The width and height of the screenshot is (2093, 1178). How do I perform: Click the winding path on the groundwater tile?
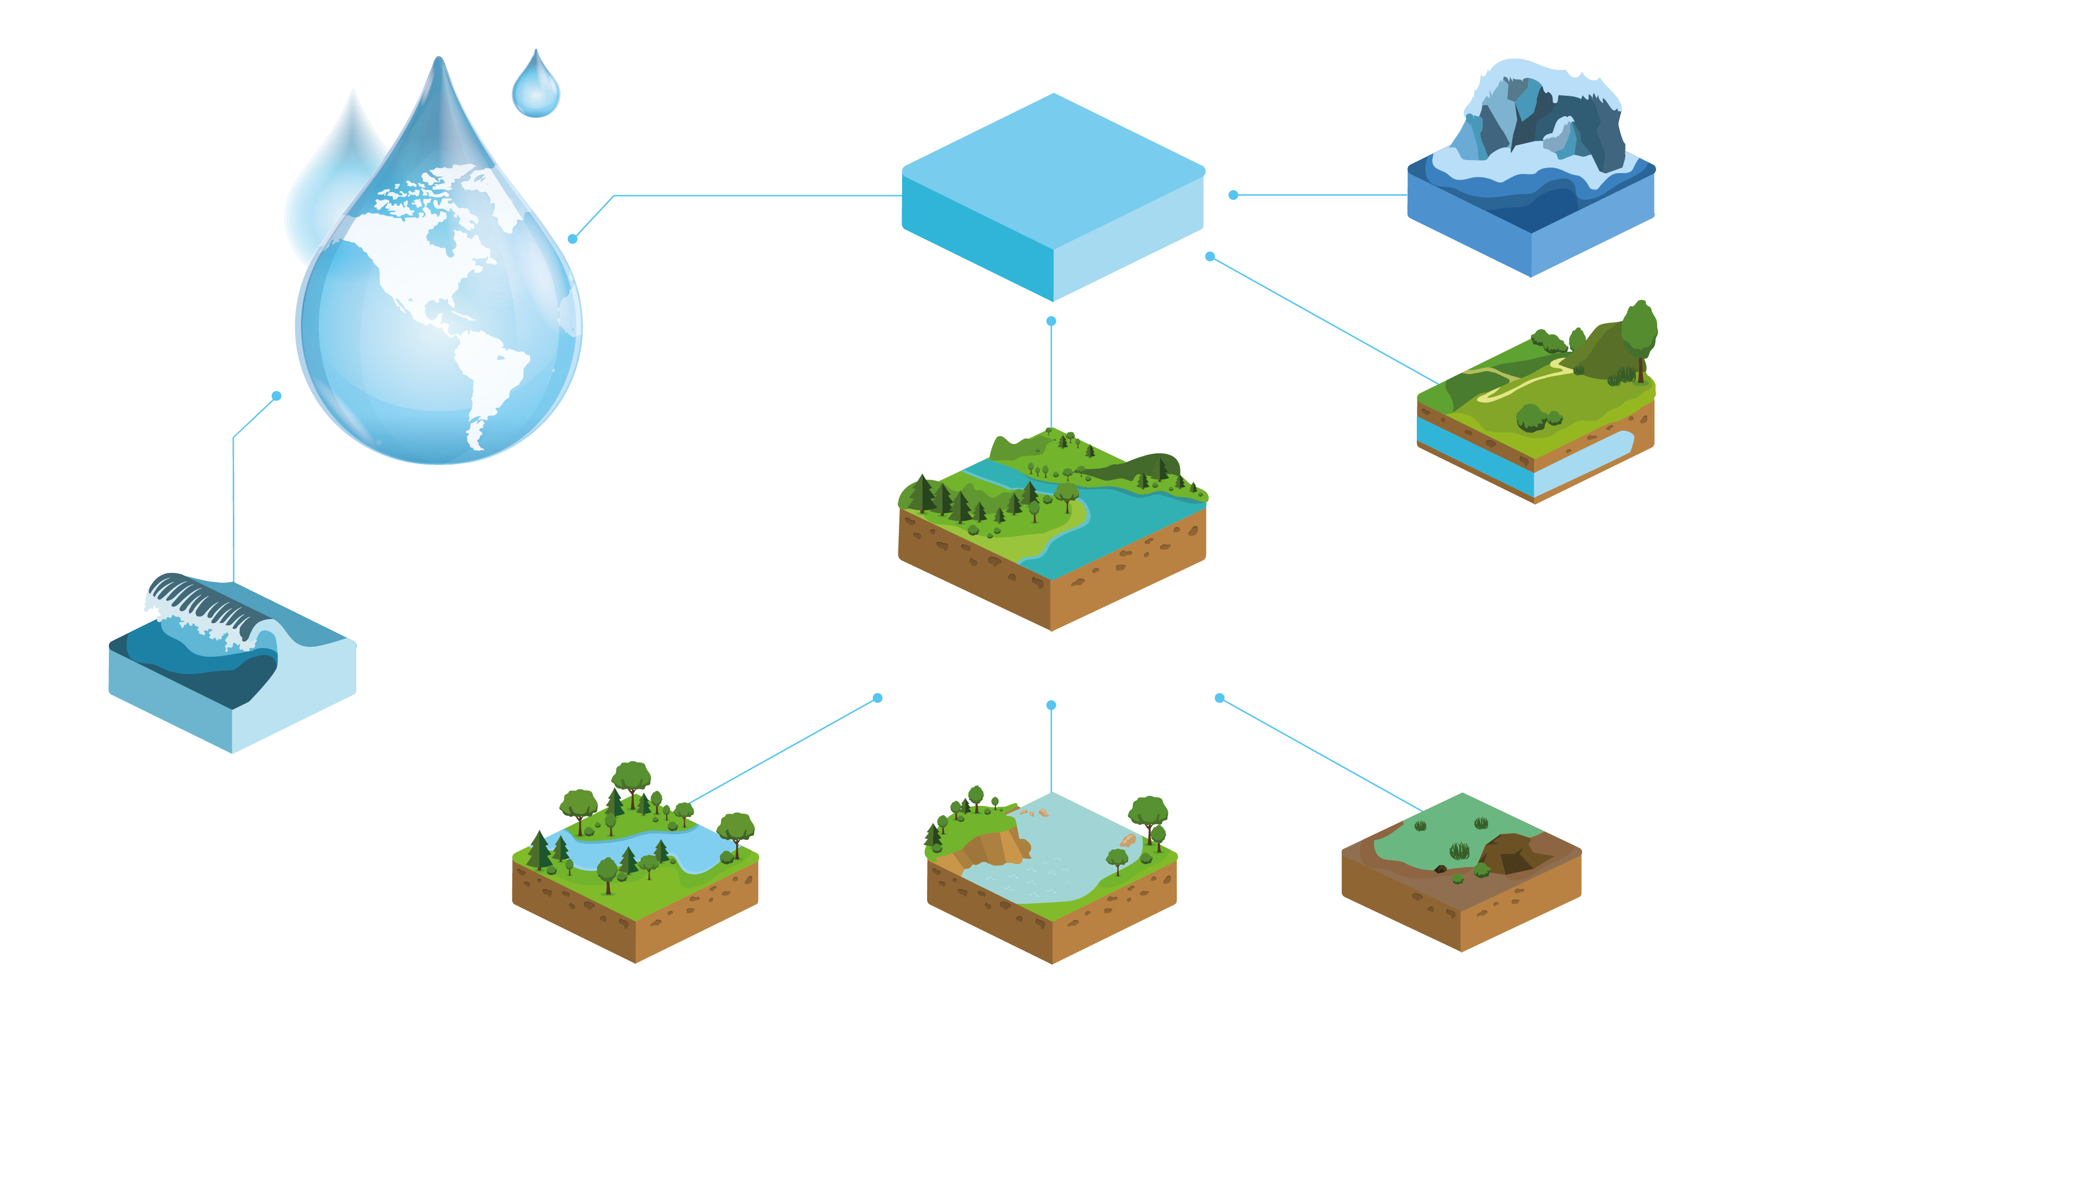pyautogui.click(x=1520, y=382)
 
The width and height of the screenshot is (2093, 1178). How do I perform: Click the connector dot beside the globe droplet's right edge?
pyautogui.click(x=573, y=239)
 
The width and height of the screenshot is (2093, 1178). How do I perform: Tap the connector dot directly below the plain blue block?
pyautogui.click(x=1051, y=321)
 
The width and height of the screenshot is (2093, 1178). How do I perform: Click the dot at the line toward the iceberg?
pyautogui.click(x=1233, y=195)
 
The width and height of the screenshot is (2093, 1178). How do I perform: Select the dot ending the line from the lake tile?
pyautogui.click(x=877, y=698)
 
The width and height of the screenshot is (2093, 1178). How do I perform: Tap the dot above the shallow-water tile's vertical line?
pyautogui.click(x=1051, y=705)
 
